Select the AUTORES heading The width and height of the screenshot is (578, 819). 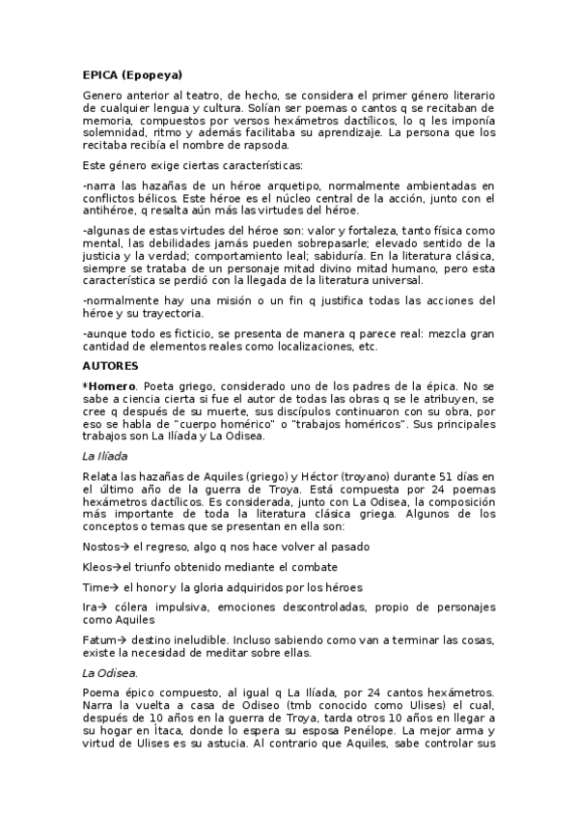pos(111,366)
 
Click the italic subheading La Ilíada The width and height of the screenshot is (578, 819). pos(105,455)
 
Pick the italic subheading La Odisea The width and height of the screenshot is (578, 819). pos(110,672)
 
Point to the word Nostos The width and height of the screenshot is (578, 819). pos(101,547)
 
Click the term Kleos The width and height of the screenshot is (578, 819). pos(97,567)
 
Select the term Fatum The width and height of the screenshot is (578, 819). pos(100,640)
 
